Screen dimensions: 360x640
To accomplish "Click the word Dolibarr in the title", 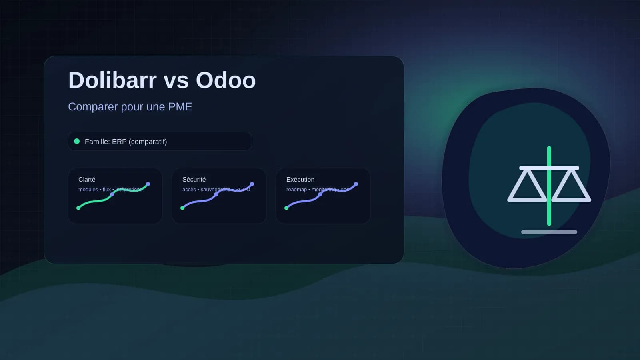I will point(112,80).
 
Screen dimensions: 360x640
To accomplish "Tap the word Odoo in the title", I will point(226,80).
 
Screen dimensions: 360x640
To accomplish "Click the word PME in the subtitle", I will point(180,107).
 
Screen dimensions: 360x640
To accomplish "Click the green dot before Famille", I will point(77,141).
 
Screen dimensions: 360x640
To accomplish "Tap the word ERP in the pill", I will point(119,142).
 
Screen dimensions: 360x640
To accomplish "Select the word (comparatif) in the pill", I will point(148,142).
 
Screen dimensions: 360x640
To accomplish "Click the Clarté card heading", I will point(87,180).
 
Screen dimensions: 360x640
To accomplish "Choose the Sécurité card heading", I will point(194,180).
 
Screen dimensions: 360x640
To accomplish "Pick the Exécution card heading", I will point(300,180).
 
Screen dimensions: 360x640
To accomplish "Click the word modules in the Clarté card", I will point(88,190).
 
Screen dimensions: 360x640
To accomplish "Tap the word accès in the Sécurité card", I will point(189,190).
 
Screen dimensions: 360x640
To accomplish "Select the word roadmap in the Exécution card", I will point(296,190).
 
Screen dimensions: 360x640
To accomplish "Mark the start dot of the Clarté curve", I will point(78,208).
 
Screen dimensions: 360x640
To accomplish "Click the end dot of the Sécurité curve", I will point(252,184).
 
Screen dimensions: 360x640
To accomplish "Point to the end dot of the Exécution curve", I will point(356,184).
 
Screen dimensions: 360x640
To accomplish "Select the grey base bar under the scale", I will point(549,232).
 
